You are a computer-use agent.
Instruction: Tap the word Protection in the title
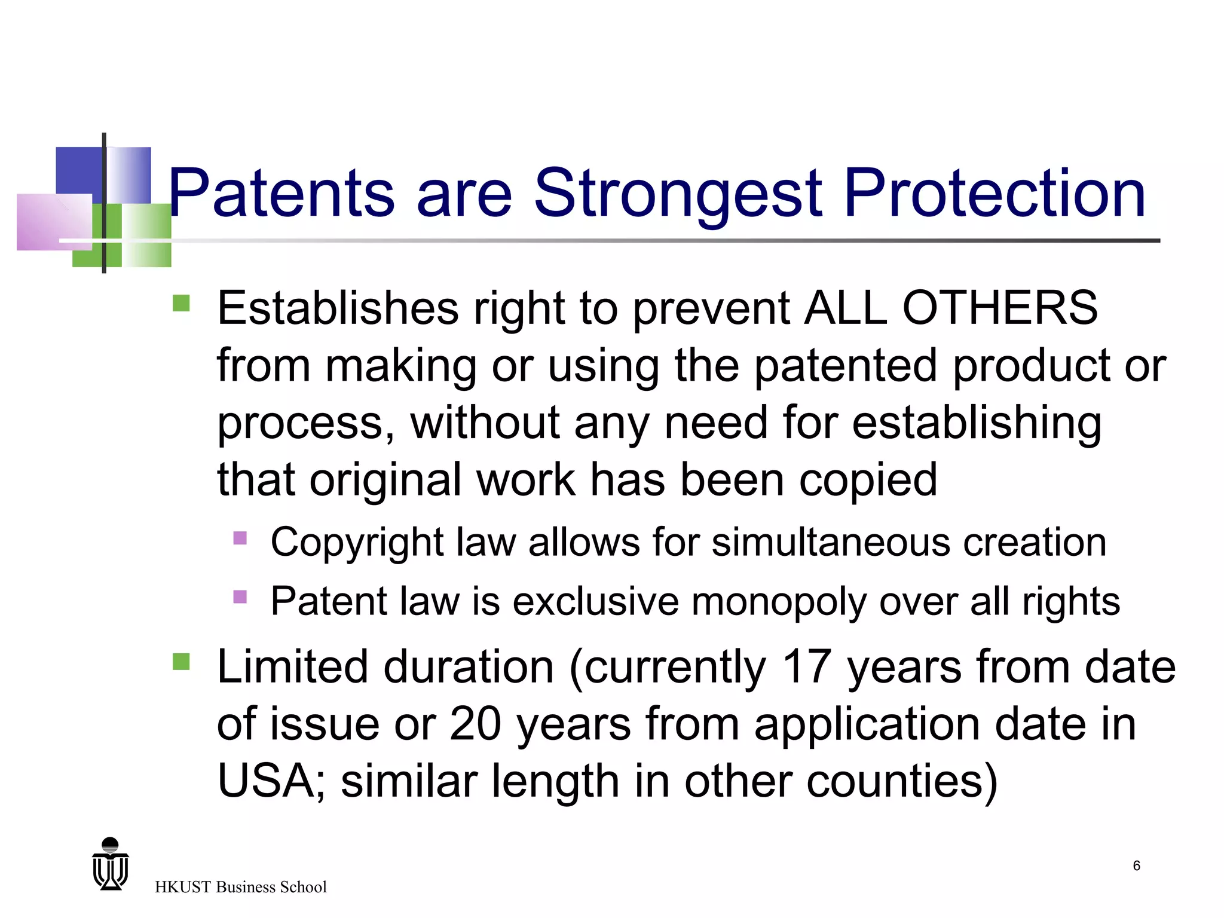pos(994,193)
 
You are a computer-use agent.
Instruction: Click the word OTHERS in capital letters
pos(999,308)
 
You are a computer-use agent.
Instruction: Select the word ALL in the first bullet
pos(846,308)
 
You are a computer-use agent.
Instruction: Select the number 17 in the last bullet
pos(806,667)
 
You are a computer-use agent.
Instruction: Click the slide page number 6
pos(1136,866)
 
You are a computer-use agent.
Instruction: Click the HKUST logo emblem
pos(111,864)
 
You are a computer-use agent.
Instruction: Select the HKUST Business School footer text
pos(240,887)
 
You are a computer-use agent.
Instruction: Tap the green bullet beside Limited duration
pos(180,662)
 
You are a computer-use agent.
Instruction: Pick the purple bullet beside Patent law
pos(240,596)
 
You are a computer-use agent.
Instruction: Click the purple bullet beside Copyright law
pos(240,538)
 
